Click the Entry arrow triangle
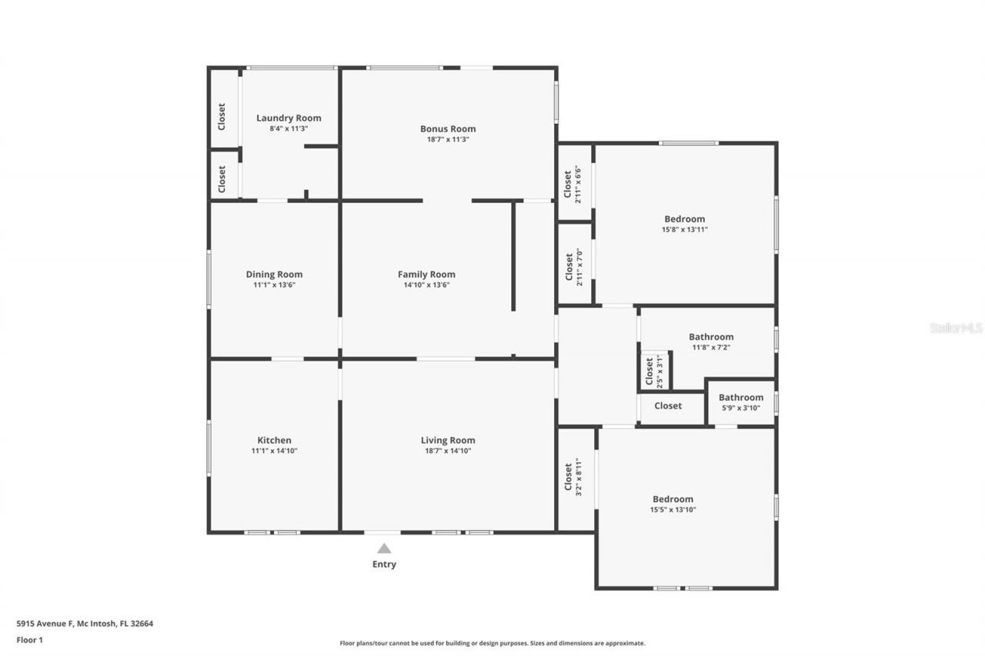pos(384,548)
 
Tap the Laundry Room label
pos(289,118)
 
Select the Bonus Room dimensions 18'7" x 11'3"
pos(448,140)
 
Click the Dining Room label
pos(274,275)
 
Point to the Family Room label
pos(426,275)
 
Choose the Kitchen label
pos(274,441)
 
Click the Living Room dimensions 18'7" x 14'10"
pos(448,451)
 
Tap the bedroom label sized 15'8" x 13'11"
pos(684,219)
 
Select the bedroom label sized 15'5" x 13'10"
pos(673,499)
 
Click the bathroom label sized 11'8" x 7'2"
pos(711,337)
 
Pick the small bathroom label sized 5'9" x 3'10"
pos(741,398)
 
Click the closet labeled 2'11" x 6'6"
pos(573,184)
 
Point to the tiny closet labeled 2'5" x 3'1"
pos(653,371)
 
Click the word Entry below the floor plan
pos(384,564)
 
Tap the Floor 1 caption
pos(29,639)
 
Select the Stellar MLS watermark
pos(956,328)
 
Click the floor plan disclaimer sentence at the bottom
pos(492,643)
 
